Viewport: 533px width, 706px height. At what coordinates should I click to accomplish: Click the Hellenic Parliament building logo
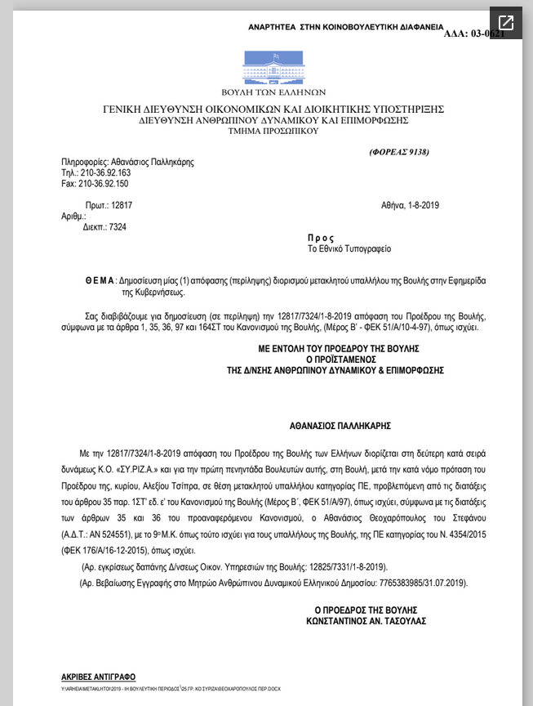coord(273,66)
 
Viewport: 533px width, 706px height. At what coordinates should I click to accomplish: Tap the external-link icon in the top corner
coord(506,23)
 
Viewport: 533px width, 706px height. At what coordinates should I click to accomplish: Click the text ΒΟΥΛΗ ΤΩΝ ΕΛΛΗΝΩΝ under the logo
coord(273,92)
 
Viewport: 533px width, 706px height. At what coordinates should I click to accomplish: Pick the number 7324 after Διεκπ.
coord(118,227)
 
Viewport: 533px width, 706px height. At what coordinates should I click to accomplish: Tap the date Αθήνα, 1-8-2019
coord(410,205)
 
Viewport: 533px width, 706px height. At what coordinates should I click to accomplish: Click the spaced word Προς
coord(321,238)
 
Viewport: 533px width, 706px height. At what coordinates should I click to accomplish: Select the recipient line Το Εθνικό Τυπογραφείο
coord(349,248)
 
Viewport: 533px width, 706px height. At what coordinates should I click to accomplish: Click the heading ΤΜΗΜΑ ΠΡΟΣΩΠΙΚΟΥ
coord(273,131)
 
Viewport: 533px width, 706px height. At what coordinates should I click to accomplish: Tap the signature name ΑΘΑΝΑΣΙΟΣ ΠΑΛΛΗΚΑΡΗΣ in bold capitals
coord(340,426)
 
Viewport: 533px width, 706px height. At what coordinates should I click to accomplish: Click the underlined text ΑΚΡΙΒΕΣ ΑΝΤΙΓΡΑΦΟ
coord(99,677)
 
